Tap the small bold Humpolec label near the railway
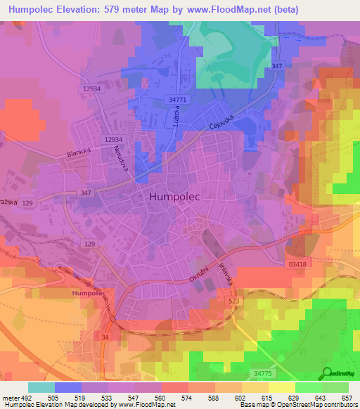(89, 292)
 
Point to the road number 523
(233, 300)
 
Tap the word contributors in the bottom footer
(337, 405)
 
